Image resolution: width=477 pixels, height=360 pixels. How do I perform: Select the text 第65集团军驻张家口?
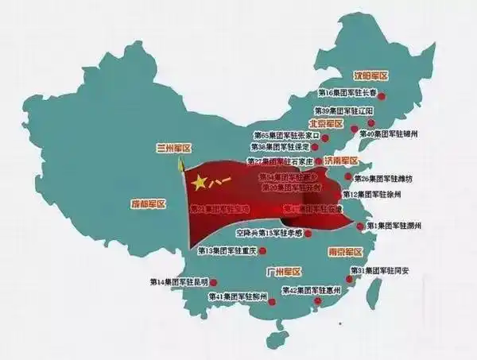285,136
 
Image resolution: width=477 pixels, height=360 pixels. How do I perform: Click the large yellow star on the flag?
199,183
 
